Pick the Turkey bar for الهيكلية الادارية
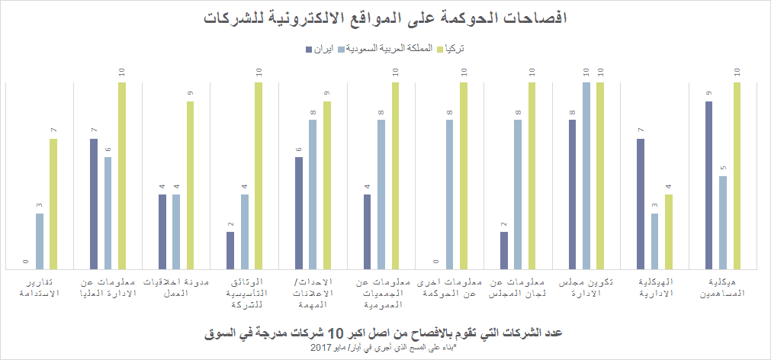[x=669, y=232]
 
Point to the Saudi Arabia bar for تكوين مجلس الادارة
[x=586, y=175]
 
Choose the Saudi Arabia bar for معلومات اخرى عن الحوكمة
[x=449, y=194]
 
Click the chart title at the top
[x=385, y=17]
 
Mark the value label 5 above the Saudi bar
[x=723, y=169]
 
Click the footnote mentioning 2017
[x=384, y=348]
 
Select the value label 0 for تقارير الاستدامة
[x=25, y=262]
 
